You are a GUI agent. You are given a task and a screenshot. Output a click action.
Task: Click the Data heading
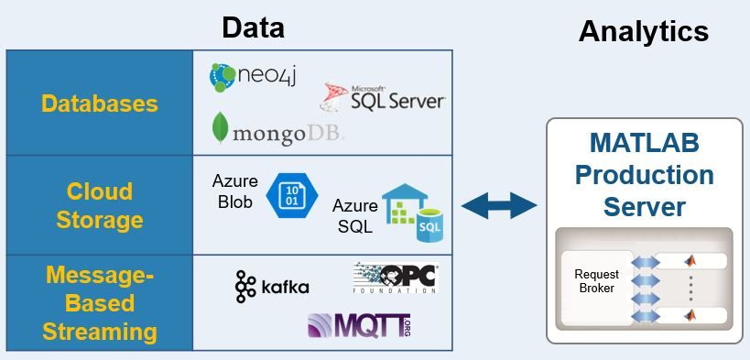[x=253, y=27]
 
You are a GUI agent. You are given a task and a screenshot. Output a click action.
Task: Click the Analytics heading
[x=643, y=31]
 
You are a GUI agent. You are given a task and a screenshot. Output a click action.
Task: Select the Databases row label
[x=99, y=103]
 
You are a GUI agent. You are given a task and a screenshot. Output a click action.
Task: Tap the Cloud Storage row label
[x=99, y=205]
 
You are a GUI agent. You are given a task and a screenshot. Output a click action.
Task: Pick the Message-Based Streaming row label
[x=99, y=303]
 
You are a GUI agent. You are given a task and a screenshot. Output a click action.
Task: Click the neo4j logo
[x=255, y=77]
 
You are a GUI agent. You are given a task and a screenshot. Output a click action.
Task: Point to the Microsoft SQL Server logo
[x=383, y=98]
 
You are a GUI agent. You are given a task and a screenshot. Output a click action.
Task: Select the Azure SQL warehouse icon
[x=412, y=213]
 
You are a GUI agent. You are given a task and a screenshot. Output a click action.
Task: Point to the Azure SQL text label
[x=354, y=215]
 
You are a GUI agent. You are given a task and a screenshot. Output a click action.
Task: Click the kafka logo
[x=272, y=287]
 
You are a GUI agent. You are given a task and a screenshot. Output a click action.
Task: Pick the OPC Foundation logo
[x=395, y=278]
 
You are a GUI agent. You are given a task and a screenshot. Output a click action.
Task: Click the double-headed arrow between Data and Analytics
[x=498, y=205]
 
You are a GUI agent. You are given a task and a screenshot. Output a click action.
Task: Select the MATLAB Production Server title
[x=644, y=175]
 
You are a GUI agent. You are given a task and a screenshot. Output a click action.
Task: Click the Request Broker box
[x=596, y=281]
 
